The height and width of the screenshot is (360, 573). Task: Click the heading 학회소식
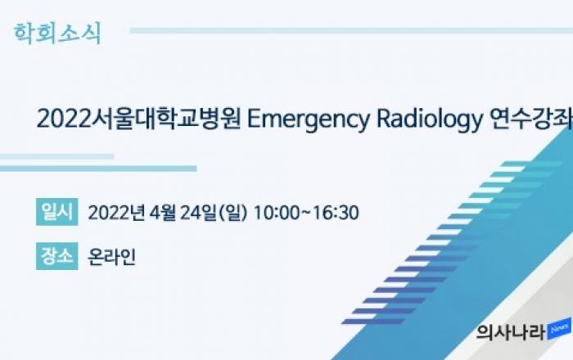coord(57,34)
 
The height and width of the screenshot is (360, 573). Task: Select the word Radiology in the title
coord(430,120)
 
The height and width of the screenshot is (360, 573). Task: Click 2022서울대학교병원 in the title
coord(139,119)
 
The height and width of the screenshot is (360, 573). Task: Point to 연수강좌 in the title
coord(531,119)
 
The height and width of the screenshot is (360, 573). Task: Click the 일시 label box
coord(57,212)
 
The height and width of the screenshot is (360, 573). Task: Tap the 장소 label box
coord(57,256)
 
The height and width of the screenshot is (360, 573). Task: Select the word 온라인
coord(112,257)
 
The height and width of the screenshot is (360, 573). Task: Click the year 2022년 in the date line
coord(116,213)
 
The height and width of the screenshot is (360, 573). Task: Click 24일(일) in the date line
coord(214,213)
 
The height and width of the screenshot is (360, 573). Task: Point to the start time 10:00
coord(277,213)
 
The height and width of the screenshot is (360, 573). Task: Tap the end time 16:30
coord(336,213)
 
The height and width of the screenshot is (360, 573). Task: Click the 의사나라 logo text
coord(511,333)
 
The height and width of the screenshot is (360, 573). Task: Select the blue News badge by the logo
coord(559,329)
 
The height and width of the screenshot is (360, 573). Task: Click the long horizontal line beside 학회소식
coord(351,30)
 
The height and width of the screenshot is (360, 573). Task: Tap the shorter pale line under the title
coord(56,156)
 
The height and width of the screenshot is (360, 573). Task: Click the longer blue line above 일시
coord(98,169)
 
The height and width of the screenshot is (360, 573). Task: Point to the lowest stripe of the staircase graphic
coord(373,322)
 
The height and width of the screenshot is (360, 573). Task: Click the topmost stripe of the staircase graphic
coord(532,164)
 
